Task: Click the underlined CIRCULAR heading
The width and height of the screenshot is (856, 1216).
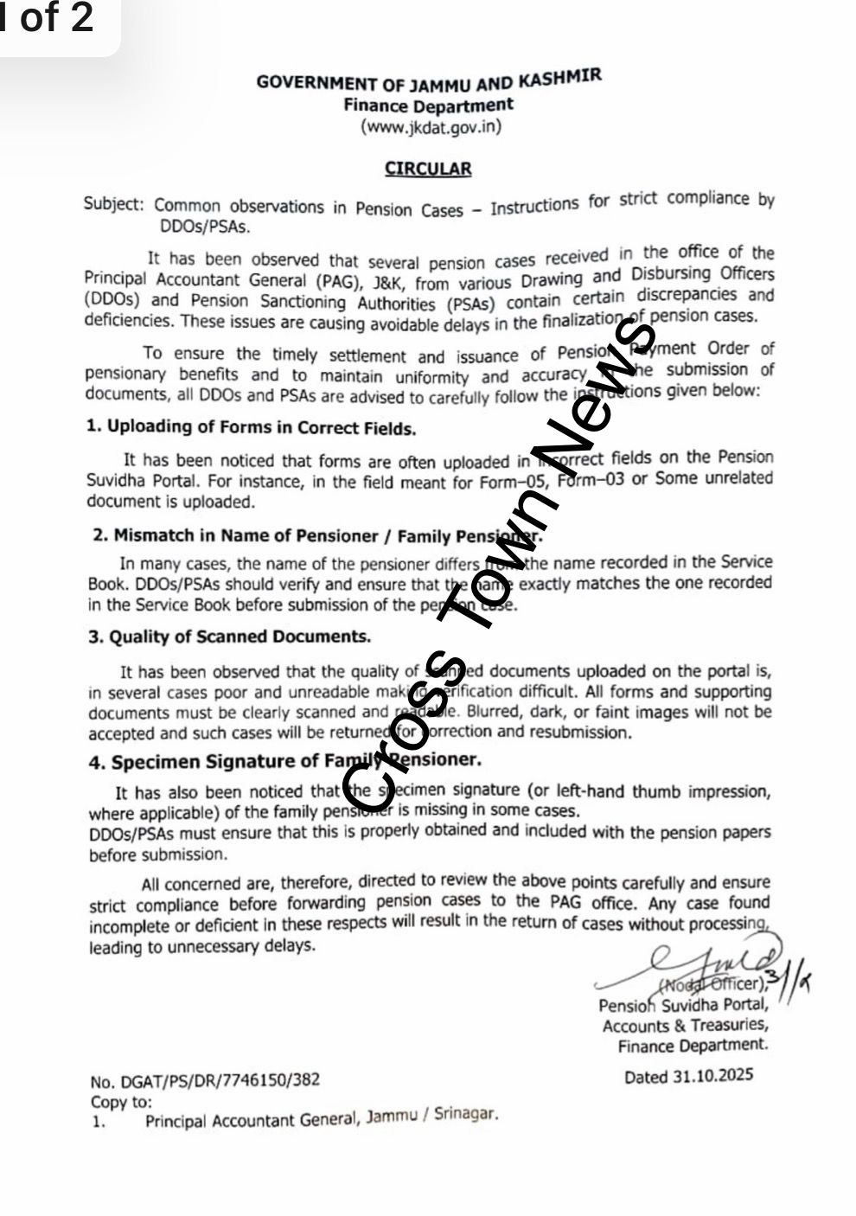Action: pyautogui.click(x=428, y=169)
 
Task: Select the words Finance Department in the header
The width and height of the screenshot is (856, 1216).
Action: pyautogui.click(x=428, y=106)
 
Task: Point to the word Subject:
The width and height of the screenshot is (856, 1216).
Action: pyautogui.click(x=113, y=204)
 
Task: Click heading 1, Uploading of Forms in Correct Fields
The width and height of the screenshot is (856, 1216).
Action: pyautogui.click(x=251, y=427)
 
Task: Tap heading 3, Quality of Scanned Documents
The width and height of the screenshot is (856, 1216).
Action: pyautogui.click(x=229, y=637)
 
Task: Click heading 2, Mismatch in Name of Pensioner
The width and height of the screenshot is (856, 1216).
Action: pyautogui.click(x=316, y=536)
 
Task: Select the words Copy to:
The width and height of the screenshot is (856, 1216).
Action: pyautogui.click(x=120, y=1102)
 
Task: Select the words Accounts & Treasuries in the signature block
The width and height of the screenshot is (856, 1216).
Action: pyautogui.click(x=685, y=1025)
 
